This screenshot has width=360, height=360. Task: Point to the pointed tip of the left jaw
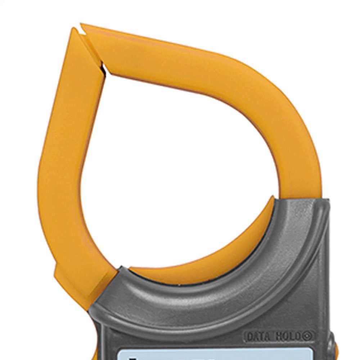74,28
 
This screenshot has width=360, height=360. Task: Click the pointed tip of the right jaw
81,24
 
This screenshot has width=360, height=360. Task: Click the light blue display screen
215,355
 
